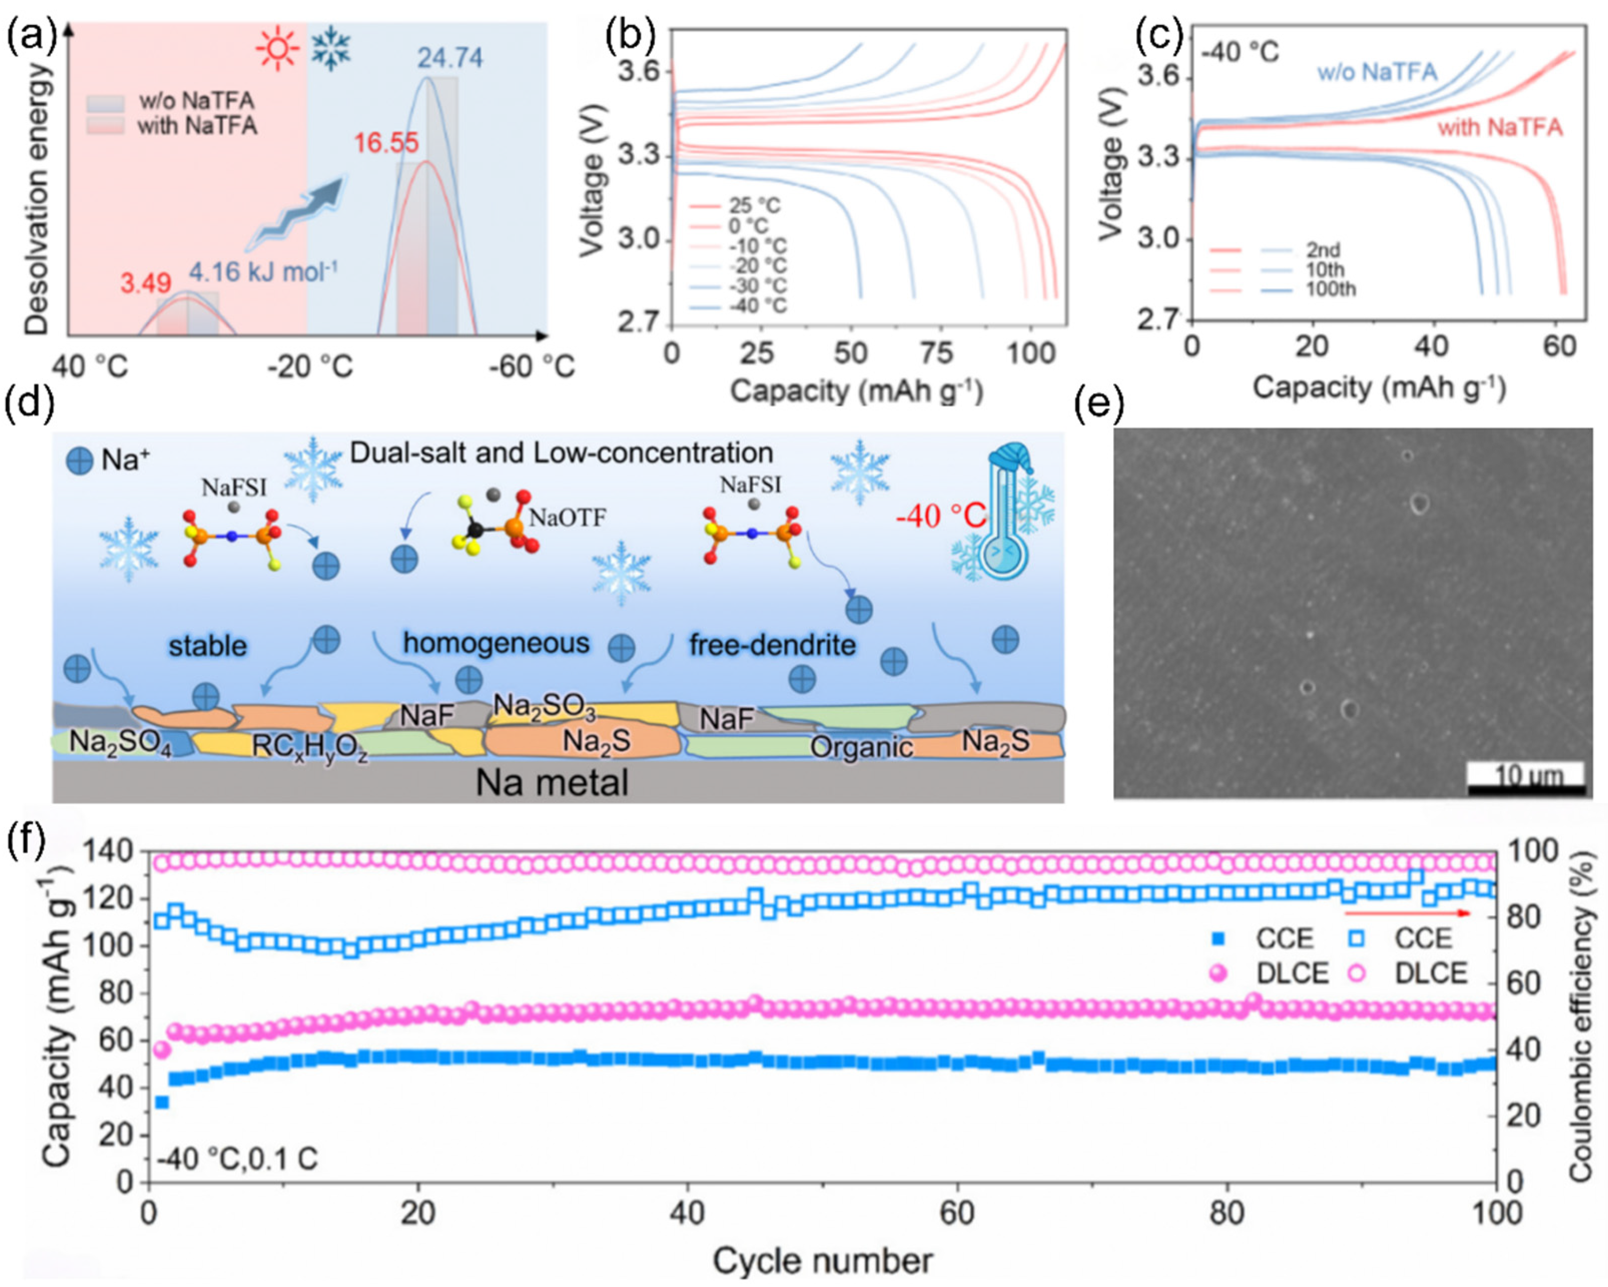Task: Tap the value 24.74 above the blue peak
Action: point(449,58)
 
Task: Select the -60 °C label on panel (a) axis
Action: point(531,366)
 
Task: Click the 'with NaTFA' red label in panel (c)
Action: point(1499,128)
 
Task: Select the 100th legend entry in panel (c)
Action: point(1330,289)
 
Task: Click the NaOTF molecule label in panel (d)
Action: point(567,517)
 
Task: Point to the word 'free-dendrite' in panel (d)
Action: point(772,644)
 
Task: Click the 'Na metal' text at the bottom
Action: point(552,783)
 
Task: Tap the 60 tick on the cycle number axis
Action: point(956,1213)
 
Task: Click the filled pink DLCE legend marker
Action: point(1218,973)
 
